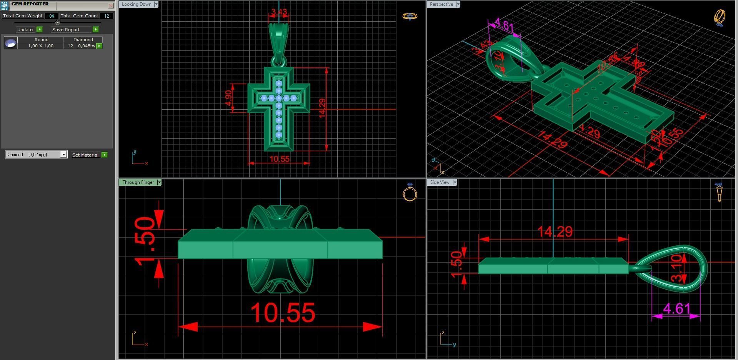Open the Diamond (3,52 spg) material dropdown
pos(63,155)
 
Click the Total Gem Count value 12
pos(106,16)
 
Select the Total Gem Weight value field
pos(51,16)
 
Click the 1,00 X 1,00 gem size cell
pos(41,46)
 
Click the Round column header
pos(41,40)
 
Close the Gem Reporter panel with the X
pos(111,5)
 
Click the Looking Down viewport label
pos(137,4)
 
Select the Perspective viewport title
pos(441,4)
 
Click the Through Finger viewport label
pos(138,182)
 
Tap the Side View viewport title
pos(440,182)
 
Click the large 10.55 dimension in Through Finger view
pos(283,313)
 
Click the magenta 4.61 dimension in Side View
pos(676,308)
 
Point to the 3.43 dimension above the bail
pos(279,12)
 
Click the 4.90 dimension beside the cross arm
pos(228,98)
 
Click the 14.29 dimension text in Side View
pos(555,232)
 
